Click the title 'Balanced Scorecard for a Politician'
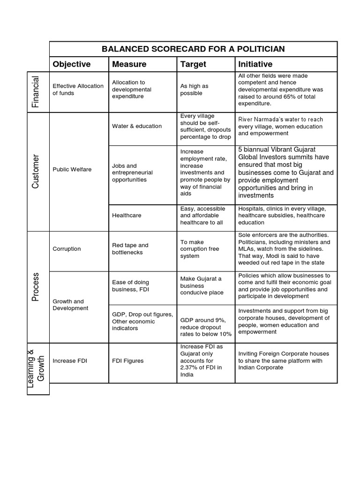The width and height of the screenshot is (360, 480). coord(193,49)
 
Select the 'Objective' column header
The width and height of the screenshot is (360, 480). coord(72,64)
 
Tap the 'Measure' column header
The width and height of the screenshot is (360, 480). coord(129,64)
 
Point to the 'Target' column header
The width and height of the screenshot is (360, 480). coord(193,64)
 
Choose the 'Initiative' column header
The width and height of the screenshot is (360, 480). coord(255,64)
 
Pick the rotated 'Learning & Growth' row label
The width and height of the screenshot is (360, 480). coord(36,366)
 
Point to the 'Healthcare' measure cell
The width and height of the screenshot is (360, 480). coord(127,216)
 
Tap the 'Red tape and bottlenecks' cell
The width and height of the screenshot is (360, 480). coord(130,249)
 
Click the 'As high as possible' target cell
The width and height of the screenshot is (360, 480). coord(194,90)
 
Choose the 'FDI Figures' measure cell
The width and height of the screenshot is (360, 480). coord(127,361)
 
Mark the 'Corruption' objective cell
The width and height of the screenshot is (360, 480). coord(67,249)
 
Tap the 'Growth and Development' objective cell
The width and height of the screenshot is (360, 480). coord(70,305)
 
